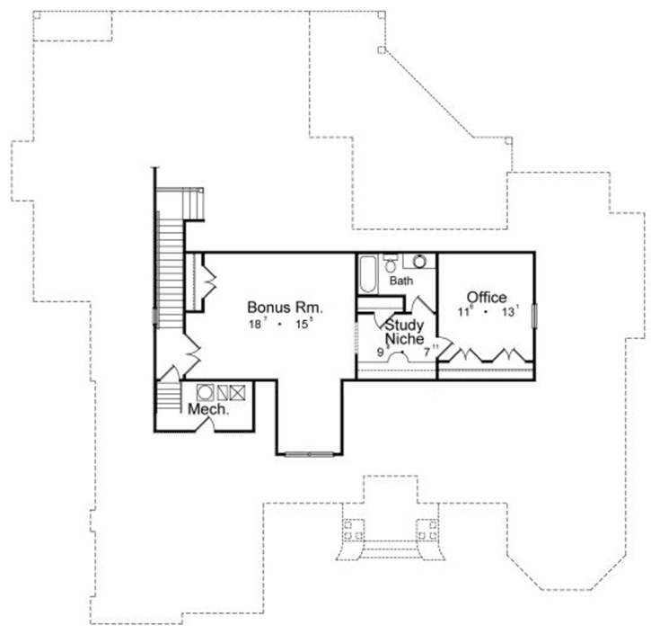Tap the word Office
click(x=486, y=298)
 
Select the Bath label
click(x=400, y=281)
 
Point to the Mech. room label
click(x=208, y=409)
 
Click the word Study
click(x=405, y=325)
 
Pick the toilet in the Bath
click(x=391, y=262)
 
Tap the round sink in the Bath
click(x=418, y=263)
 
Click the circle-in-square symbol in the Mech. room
click(x=205, y=392)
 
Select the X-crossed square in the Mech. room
click(x=236, y=392)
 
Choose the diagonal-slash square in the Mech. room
click(x=221, y=392)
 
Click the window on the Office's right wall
click(x=534, y=317)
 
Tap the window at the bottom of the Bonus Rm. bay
click(x=309, y=454)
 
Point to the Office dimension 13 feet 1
click(x=510, y=313)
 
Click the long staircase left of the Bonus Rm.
click(x=169, y=261)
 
